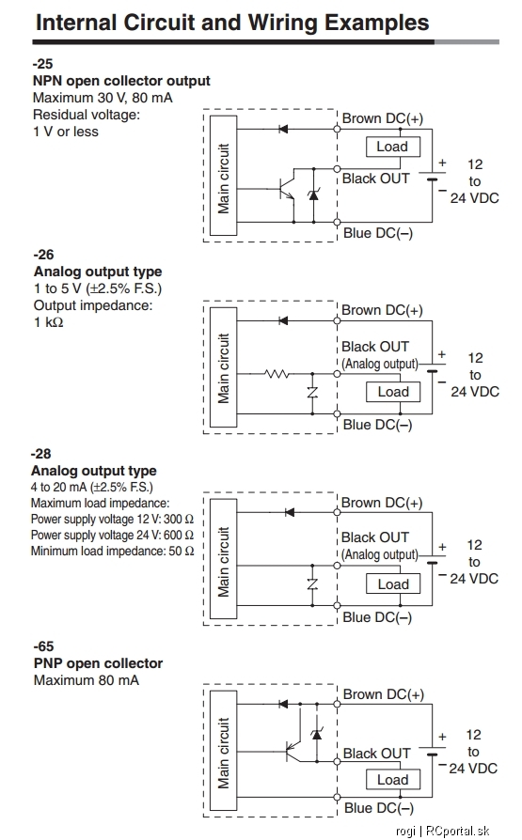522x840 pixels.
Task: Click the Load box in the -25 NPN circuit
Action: pos(393,147)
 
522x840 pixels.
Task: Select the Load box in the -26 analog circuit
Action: pos(393,392)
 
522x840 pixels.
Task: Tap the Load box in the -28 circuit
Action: pos(393,583)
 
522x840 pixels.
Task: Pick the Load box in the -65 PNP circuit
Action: pos(393,780)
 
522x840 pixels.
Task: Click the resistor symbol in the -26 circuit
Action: pos(277,374)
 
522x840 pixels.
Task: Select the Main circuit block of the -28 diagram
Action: pos(223,562)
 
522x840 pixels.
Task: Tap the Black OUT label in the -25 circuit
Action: pos(376,179)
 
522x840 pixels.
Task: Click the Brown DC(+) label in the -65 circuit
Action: pos(384,694)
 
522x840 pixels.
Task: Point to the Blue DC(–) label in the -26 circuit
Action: pos(378,425)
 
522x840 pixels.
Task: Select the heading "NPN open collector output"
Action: pos(121,81)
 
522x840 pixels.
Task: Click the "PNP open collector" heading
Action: pos(98,663)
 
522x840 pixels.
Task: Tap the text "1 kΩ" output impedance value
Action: pos(48,322)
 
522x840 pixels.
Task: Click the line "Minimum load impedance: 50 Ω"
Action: pos(112,551)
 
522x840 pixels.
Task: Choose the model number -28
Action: pos(40,454)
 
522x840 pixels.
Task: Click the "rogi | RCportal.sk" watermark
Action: pos(443,831)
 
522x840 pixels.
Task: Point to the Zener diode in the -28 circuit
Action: pos(312,583)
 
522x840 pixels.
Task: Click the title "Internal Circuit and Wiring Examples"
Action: pos(232,23)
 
